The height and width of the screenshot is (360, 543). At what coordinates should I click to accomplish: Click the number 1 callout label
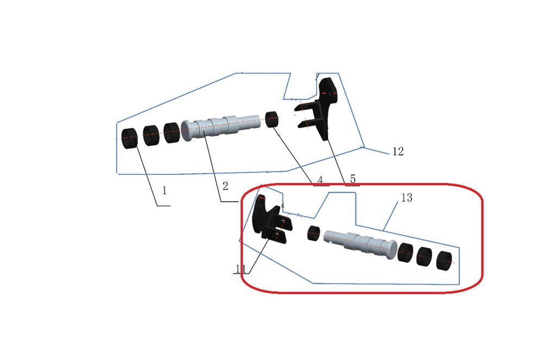point(165,191)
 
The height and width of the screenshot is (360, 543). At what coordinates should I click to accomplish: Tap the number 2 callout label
point(225,186)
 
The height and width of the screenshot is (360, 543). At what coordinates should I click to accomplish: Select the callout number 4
point(320,180)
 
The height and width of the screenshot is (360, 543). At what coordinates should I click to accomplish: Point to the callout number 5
point(352,179)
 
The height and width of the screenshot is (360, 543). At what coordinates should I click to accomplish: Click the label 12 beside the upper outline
point(398,151)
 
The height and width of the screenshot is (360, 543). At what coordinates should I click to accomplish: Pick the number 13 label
point(407,198)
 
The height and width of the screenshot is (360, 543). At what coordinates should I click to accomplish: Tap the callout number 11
point(241,269)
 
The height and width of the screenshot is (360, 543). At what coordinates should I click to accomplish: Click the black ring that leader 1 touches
point(130,138)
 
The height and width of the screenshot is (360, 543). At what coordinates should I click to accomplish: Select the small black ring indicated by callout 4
point(272,119)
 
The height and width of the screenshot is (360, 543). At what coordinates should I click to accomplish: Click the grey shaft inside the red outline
point(360,244)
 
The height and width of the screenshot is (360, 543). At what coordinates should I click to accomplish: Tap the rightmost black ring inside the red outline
point(445,261)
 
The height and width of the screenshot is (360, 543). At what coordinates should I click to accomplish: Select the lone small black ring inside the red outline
point(313,233)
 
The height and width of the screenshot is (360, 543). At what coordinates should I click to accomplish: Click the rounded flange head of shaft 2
point(186,130)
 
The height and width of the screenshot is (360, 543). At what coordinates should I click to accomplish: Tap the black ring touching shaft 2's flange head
point(172,132)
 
